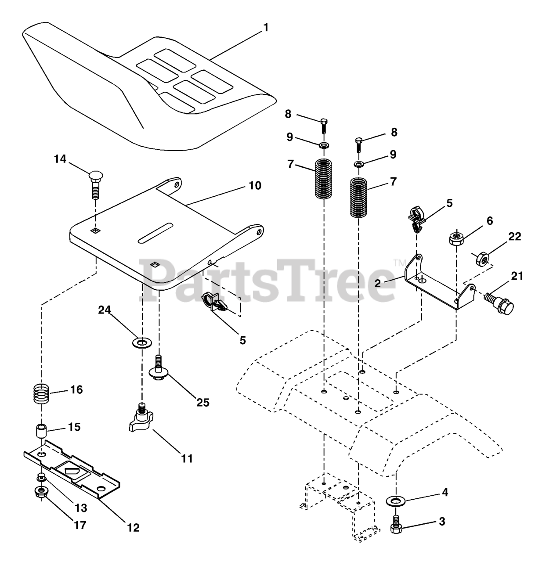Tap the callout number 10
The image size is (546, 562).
pos(254,186)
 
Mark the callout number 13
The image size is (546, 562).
pos(80,508)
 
